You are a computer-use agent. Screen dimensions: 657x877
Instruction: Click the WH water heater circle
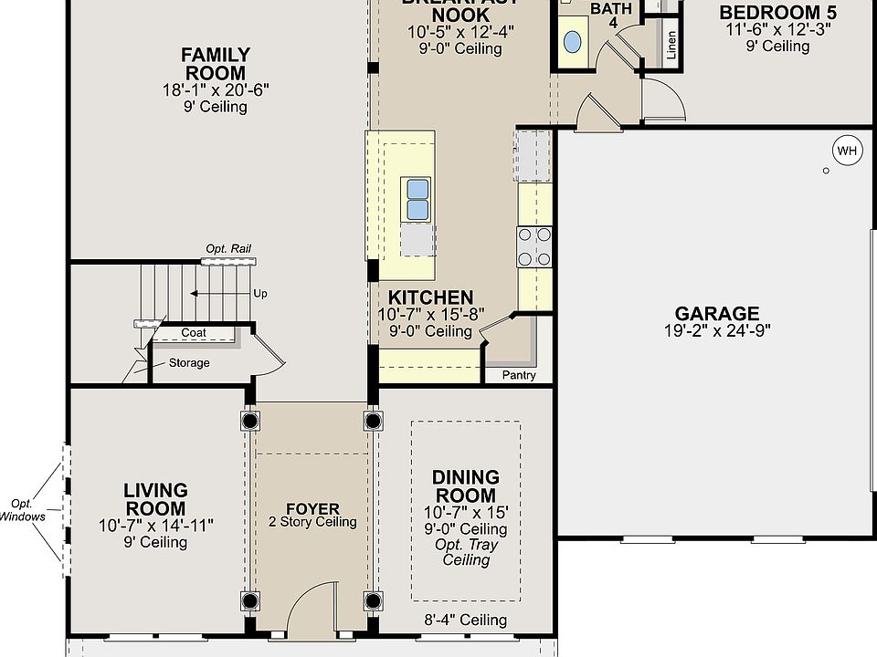(847, 151)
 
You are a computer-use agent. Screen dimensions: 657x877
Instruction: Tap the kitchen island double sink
(417, 200)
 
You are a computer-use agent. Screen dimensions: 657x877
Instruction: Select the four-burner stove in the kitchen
(534, 246)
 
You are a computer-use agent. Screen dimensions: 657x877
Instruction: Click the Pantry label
(519, 375)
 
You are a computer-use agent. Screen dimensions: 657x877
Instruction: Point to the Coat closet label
(194, 332)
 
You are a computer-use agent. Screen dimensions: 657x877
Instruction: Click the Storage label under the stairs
(189, 362)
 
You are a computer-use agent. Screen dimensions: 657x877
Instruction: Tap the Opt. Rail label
(228, 248)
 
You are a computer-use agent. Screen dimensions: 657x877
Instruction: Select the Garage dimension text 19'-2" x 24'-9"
(717, 330)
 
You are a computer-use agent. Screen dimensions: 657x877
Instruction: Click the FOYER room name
(312, 509)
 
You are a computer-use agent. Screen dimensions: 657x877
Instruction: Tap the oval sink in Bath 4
(572, 42)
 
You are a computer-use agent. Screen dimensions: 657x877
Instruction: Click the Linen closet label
(672, 45)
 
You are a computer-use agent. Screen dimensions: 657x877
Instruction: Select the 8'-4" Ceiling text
(466, 620)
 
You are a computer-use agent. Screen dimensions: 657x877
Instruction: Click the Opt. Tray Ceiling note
(466, 552)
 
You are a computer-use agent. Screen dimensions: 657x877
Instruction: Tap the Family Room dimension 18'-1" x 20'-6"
(215, 89)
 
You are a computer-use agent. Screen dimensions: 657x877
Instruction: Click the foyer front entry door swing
(311, 610)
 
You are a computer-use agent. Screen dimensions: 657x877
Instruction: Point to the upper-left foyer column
(250, 421)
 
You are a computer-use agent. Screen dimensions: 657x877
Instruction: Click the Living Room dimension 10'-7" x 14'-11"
(155, 525)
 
